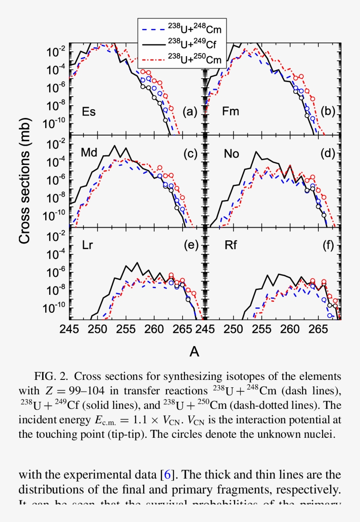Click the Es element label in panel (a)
coord(89,111)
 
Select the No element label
coord(231,153)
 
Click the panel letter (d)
coord(328,153)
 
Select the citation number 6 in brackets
coord(167,474)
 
